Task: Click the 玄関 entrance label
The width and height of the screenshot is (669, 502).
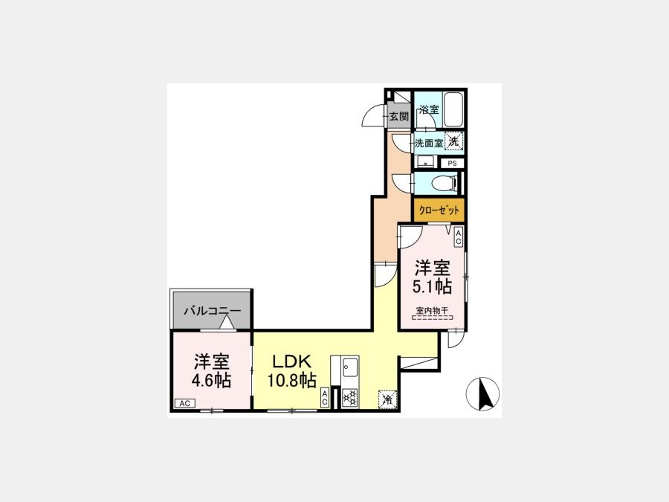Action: click(399, 116)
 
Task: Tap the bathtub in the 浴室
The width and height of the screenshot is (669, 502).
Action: click(453, 109)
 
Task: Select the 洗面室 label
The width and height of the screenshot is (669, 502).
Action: click(429, 144)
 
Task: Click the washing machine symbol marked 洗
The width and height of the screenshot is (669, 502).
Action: click(454, 141)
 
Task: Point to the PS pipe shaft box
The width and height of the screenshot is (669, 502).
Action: click(452, 163)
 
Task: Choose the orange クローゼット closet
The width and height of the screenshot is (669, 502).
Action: click(439, 210)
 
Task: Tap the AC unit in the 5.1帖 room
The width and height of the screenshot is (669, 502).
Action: click(459, 237)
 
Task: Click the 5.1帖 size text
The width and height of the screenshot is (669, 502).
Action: click(432, 286)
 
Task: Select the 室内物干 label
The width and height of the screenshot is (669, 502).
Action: click(432, 311)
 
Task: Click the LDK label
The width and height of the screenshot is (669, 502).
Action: click(292, 362)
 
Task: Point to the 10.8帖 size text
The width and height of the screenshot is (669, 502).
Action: click(292, 379)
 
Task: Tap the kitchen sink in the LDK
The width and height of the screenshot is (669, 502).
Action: click(350, 366)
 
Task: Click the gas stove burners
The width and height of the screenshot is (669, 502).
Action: click(350, 399)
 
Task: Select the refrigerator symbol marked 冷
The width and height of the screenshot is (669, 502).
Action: click(388, 399)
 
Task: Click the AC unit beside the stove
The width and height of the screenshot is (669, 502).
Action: click(325, 398)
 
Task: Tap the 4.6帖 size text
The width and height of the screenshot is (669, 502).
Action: click(211, 379)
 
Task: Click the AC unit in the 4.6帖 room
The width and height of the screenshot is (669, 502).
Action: click(185, 403)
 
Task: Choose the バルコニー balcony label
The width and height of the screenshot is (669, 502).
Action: click(213, 311)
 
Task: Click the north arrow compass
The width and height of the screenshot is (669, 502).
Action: click(482, 393)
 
